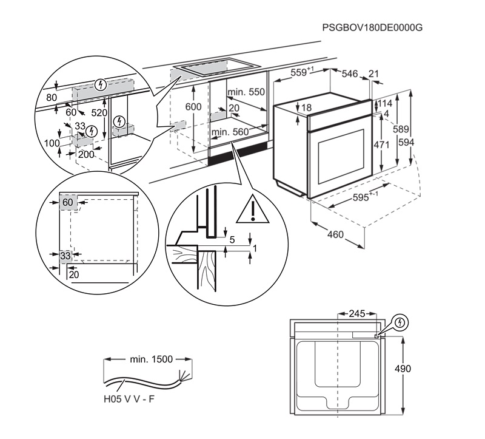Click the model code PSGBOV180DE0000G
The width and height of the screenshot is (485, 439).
[372, 27]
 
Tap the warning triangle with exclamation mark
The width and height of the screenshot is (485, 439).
[253, 209]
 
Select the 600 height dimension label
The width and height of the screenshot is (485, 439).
[193, 107]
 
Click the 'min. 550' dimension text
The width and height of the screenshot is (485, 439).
[246, 92]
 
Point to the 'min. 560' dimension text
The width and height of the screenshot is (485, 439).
[230, 132]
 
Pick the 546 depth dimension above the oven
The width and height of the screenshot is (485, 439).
[350, 73]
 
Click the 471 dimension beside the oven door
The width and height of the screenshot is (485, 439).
[381, 145]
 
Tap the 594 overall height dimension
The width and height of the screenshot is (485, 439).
[406, 142]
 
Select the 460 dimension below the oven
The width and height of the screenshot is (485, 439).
[336, 234]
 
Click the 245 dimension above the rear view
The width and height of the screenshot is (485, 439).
[357, 314]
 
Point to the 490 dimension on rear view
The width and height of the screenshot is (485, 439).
[403, 369]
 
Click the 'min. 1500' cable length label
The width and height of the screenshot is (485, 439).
[151, 359]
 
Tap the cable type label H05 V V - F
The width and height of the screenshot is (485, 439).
[129, 399]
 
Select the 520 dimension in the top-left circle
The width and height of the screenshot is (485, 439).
[99, 113]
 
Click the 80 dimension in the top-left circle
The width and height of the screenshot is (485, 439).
[52, 98]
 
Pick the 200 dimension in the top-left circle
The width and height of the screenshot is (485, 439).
[86, 154]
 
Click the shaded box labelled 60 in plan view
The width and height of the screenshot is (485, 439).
[68, 202]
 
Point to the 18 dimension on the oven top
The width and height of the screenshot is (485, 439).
[306, 107]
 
